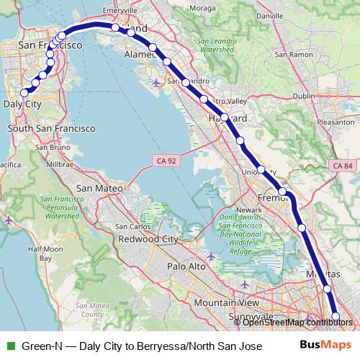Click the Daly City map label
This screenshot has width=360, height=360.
pos(22,104)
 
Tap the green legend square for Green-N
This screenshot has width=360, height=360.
pos(9,345)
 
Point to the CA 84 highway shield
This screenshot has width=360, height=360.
pos(343,166)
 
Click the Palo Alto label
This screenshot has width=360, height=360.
pos(186,266)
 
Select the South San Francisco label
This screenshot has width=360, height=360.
pos(51,127)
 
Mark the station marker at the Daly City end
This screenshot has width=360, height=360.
pos(24,92)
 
